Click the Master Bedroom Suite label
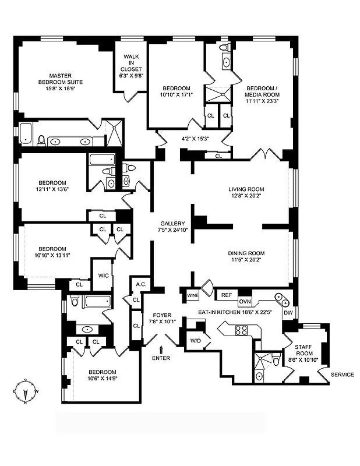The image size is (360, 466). coord(60,79)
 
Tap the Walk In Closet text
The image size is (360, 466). coord(130,66)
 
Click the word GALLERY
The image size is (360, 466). coord(172,224)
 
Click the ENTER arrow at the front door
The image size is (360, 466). coord(161,349)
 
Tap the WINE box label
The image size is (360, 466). coord(193,295)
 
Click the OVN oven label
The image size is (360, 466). coord(245,302)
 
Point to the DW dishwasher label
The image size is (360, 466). coord(288,313)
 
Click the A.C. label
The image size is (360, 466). coord(140,285)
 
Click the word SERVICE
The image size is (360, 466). coord(342,375)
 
